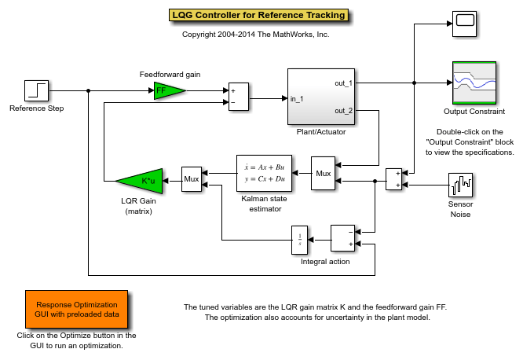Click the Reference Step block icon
pos(36,90)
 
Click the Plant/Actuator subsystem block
pos(321,97)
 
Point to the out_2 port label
pos(343,111)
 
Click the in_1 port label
pos(297,99)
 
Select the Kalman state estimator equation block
pos(264,174)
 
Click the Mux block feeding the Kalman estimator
pos(323,174)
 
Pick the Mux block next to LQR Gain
pos(192,179)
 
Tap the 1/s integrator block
pos(299,240)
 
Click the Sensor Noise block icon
pos(460,185)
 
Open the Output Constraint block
pos(474,83)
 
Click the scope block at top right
pos(464,24)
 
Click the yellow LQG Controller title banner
pos(258,15)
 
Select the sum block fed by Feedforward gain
pos(239,97)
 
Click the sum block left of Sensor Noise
pos(393,179)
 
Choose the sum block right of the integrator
pos(342,238)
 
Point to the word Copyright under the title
pos(199,35)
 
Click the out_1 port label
pos(343,83)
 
